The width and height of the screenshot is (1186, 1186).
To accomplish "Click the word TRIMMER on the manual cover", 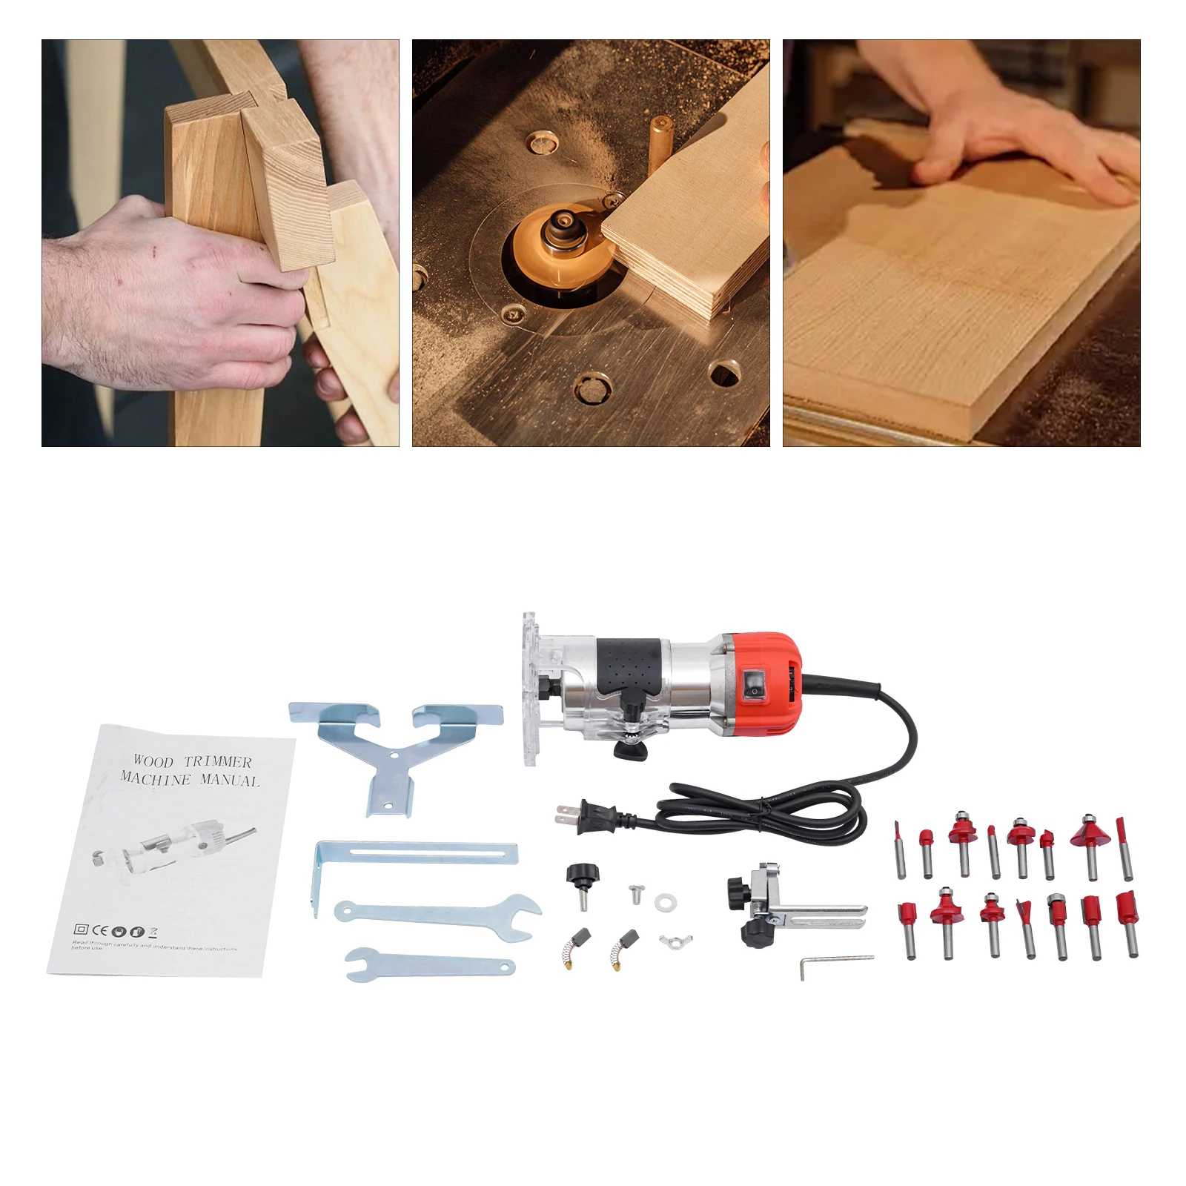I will click(x=218, y=762).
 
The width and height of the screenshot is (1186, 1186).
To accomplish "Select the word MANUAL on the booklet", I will click(x=232, y=781).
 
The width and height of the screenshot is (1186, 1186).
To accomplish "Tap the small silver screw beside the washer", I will click(x=635, y=894).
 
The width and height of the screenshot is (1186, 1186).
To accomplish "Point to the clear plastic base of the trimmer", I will click(x=532, y=689).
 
